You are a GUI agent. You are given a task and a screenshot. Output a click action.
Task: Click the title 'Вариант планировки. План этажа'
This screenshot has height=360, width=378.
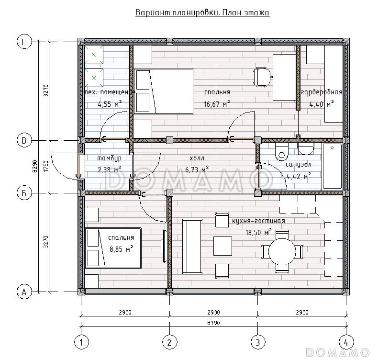202,12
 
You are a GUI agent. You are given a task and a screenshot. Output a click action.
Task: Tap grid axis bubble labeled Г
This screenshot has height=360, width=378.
24,42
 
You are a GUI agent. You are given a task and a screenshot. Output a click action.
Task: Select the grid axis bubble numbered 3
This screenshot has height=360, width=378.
258,342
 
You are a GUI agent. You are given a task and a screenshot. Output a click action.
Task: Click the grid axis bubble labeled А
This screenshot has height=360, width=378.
24,292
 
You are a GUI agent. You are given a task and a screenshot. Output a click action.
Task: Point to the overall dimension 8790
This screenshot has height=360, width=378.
213,323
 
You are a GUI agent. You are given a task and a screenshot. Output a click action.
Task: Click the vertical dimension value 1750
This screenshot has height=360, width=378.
46,166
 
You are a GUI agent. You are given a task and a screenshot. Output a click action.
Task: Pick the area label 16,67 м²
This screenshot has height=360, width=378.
217,104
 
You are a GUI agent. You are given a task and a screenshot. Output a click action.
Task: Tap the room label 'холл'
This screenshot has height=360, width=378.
197,158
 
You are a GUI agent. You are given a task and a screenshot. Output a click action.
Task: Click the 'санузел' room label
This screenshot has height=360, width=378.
299,165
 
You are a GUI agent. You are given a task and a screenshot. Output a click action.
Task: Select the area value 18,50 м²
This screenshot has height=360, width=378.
258,232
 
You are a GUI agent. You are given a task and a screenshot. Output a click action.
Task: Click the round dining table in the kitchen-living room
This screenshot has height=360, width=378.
282,252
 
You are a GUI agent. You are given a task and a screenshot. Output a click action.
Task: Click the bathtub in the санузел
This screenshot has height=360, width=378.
332,166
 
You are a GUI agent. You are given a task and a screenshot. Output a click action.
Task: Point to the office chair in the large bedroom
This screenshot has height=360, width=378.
262,77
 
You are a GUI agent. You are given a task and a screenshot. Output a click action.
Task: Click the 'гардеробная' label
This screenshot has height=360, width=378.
322,92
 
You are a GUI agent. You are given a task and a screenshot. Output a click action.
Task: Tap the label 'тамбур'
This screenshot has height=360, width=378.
109,158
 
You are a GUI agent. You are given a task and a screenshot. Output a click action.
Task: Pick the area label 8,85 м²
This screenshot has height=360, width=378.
122,248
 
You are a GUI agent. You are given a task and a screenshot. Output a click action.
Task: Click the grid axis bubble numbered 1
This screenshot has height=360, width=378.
81,342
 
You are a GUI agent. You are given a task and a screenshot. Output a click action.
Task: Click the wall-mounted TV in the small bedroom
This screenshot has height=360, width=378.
164,246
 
